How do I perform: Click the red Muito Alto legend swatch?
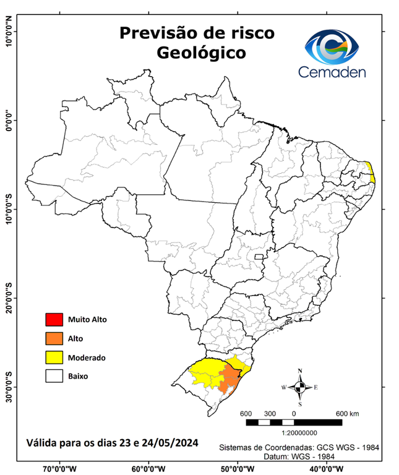tap(54, 320)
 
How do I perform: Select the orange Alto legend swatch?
tap(54, 338)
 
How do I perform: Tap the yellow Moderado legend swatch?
tap(54, 357)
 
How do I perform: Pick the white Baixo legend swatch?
tap(54, 375)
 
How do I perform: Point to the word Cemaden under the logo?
tap(332, 72)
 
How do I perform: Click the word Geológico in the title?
tap(201, 53)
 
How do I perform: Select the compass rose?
tap(300, 387)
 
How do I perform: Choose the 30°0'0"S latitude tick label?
tap(9, 387)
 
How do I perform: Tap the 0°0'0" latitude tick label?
tap(9, 121)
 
